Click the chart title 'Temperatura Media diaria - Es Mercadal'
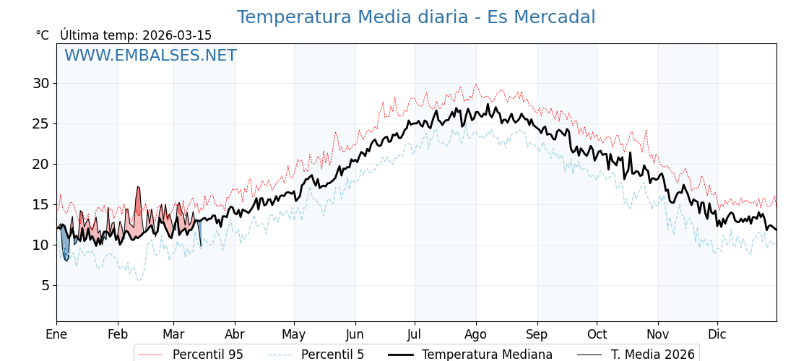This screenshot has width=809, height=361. click(x=416, y=17)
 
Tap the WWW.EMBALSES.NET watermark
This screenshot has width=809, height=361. click(x=150, y=56)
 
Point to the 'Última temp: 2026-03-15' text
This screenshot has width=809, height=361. click(x=136, y=35)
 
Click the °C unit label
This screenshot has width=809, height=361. click(x=43, y=35)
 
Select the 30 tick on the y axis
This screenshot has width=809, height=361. click(x=40, y=83)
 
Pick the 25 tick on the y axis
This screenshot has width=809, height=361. click(x=40, y=123)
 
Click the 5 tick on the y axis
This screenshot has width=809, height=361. click(x=45, y=285)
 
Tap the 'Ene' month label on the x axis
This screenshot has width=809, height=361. click(x=56, y=334)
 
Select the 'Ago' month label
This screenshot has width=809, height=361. click(x=476, y=334)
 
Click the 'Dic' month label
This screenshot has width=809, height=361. click(x=717, y=334)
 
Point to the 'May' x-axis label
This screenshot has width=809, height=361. click(x=294, y=334)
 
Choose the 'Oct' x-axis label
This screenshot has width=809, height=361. click(x=597, y=334)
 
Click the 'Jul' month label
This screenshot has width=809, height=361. click(x=415, y=334)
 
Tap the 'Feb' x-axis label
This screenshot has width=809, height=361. click(x=118, y=334)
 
